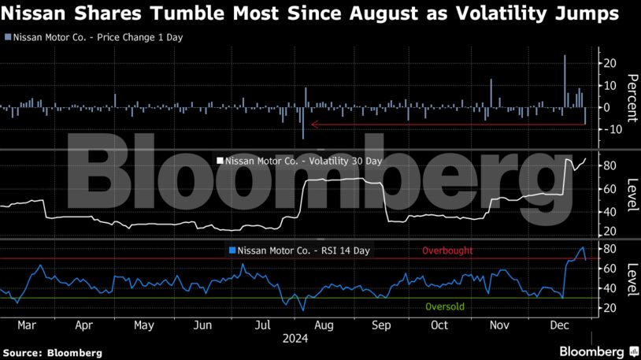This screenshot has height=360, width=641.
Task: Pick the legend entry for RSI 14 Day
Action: pyautogui.click(x=298, y=251)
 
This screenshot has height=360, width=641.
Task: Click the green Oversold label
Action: pyautogui.click(x=445, y=306)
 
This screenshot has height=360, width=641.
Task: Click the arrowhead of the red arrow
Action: pyautogui.click(x=314, y=124)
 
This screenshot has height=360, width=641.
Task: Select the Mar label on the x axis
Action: pyautogui.click(x=28, y=325)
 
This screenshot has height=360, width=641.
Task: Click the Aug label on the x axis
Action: pyautogui.click(x=322, y=325)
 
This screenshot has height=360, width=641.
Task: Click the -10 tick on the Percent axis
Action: pyautogui.click(x=607, y=129)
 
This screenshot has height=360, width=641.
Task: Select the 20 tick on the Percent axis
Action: pyautogui.click(x=610, y=62)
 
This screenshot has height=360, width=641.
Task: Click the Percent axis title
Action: pyautogui.click(x=631, y=96)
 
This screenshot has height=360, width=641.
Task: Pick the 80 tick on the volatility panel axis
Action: pyautogui.click(x=610, y=166)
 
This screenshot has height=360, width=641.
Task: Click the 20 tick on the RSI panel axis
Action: pyautogui.click(x=610, y=308)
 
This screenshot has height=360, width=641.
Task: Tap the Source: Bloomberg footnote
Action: pyautogui.click(x=52, y=351)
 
